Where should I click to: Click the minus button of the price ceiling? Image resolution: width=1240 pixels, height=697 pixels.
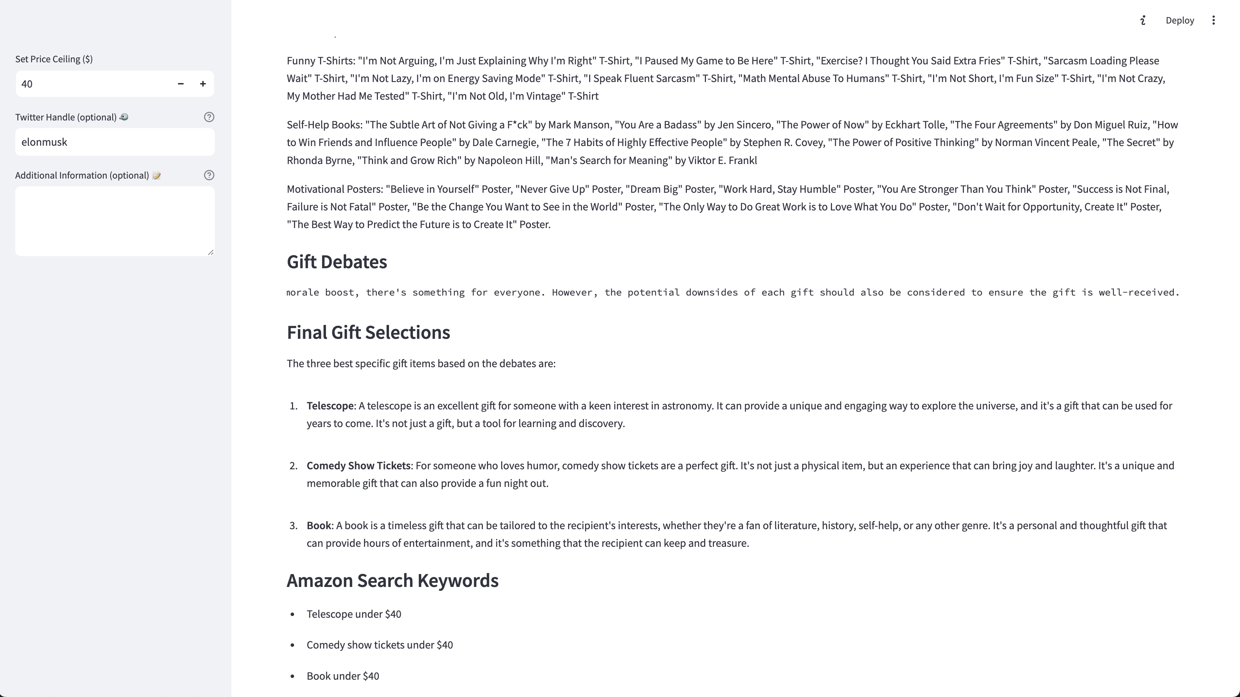180,84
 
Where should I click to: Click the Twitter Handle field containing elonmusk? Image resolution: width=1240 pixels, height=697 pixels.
115,142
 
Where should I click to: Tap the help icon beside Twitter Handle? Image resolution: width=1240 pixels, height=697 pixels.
209,117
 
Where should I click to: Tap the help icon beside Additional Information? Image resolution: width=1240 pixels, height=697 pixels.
209,175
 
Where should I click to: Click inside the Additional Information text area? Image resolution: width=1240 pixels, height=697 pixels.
115,221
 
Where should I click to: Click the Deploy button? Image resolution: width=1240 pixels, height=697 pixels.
1179,20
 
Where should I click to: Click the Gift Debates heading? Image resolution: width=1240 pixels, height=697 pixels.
336,262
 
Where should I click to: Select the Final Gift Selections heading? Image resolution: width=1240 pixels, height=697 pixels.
368,332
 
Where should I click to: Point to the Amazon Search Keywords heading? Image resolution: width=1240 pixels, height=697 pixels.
392,581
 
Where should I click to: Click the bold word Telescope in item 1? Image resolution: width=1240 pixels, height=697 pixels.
330,406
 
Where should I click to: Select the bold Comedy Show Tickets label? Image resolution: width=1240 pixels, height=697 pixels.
358,465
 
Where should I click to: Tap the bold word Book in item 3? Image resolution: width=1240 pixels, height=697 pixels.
319,525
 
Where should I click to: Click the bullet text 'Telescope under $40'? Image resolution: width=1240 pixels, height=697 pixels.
354,614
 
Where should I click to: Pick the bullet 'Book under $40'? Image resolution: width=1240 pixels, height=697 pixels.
343,676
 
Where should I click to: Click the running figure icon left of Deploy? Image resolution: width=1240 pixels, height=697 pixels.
1143,20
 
